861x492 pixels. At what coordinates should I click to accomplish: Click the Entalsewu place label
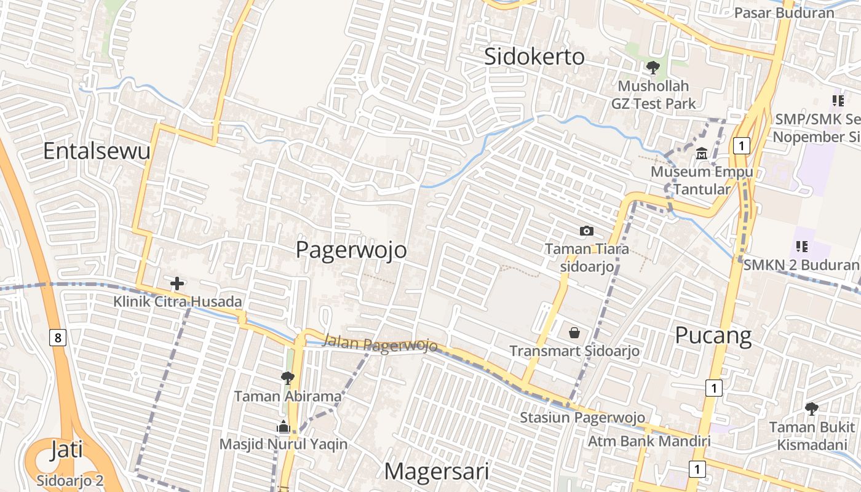coord(97,151)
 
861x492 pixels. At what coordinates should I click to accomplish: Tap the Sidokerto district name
coord(534,57)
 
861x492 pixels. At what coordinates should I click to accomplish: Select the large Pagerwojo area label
coord(351,250)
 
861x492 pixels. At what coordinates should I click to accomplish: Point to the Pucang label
coord(713,336)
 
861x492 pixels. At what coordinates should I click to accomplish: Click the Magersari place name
coord(437,472)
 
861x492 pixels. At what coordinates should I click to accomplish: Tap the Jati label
coord(66,450)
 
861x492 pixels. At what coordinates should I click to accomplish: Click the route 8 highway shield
coord(58,337)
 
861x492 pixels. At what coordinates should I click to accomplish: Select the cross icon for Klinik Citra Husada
coord(177,284)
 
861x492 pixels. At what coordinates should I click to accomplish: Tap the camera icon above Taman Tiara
coord(587,231)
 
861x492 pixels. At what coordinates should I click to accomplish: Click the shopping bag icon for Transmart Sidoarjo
coord(574,333)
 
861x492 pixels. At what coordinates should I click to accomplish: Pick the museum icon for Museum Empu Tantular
coord(702,154)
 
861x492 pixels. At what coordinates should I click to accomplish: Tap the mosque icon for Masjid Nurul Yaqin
coord(283,426)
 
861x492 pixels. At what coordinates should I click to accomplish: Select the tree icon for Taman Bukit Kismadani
coord(812,408)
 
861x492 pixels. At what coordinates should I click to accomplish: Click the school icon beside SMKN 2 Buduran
coord(801,247)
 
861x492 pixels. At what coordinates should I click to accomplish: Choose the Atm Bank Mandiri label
coord(649,441)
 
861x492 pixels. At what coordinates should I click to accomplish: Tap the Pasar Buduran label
coord(784,12)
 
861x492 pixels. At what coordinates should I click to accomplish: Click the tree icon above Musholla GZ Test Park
coord(653,68)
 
